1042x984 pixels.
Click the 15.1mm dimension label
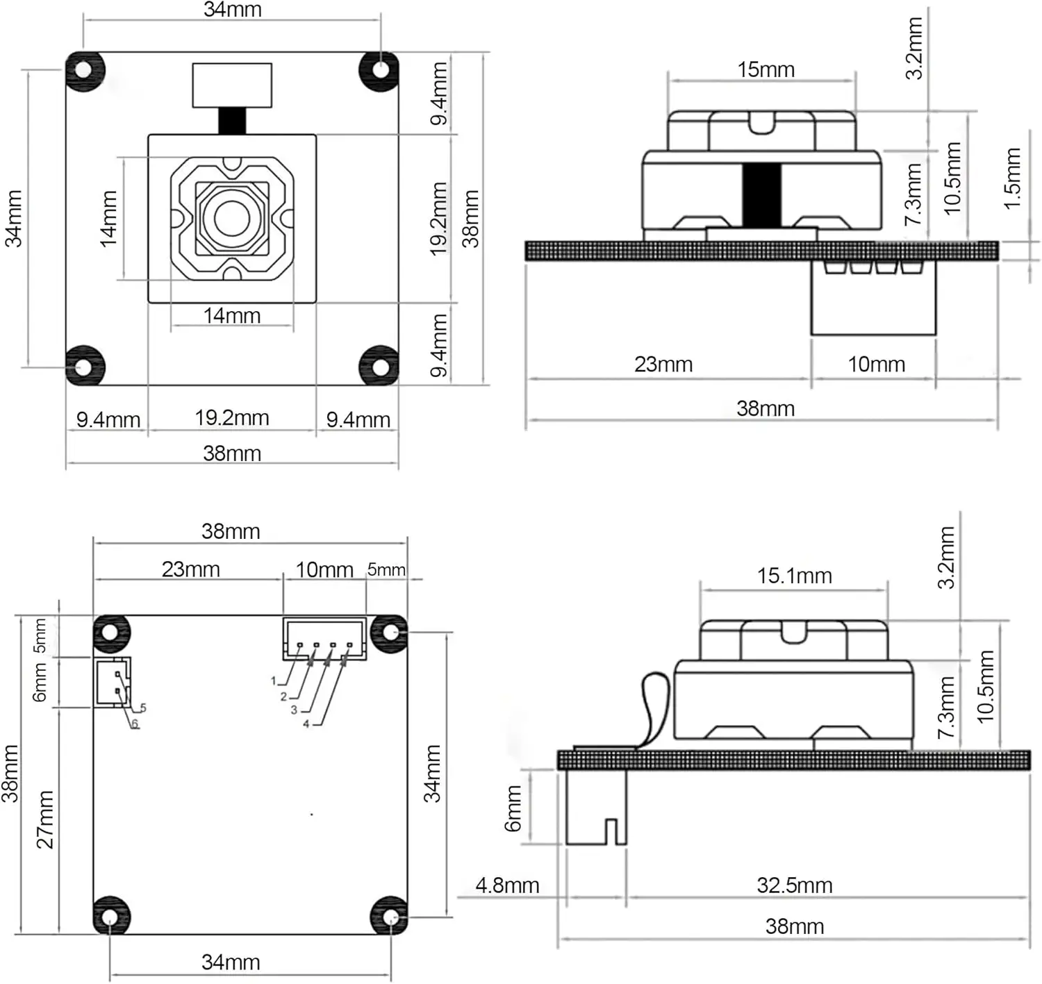tap(794, 576)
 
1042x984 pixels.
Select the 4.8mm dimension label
tap(507, 886)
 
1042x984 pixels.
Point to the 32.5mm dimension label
tap(795, 886)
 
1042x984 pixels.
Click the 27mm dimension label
tap(45, 820)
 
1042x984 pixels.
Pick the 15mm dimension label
tap(766, 69)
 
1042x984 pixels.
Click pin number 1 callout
tap(274, 681)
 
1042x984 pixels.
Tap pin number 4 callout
tap(306, 724)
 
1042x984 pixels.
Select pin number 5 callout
tap(142, 708)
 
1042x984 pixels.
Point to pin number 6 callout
tap(134, 724)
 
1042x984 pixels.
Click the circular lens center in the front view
tap(232, 217)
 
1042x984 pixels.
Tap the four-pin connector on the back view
tap(325, 638)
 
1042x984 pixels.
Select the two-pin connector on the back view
tap(113, 683)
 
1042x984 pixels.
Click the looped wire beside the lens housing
tap(654, 710)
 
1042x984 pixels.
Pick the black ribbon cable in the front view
tap(232, 121)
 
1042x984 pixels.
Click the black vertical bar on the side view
tap(761, 196)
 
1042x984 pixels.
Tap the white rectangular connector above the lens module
tap(232, 85)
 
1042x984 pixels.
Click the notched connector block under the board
tap(596, 807)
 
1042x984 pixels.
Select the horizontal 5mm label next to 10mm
tap(386, 569)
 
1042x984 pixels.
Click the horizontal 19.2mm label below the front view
tap(232, 418)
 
